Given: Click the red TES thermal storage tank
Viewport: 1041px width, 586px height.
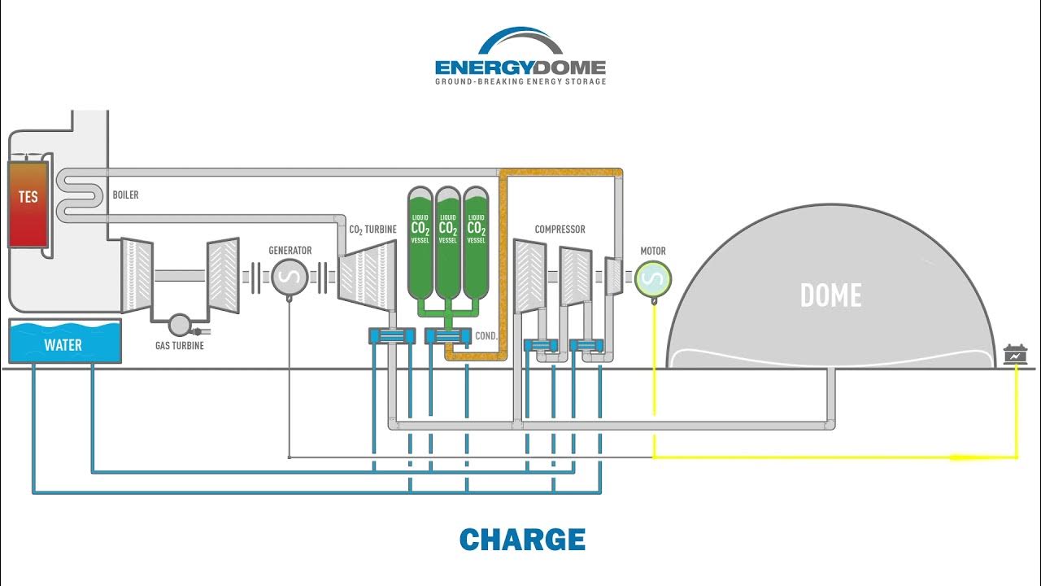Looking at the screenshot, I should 28,203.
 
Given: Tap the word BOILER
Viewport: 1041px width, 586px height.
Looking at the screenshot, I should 124,195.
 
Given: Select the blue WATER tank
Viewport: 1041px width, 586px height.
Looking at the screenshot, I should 64,343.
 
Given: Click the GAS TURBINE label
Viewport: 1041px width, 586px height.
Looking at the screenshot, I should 179,346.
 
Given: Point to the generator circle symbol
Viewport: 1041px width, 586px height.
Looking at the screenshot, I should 290,278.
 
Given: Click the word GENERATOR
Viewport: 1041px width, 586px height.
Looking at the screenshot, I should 290,251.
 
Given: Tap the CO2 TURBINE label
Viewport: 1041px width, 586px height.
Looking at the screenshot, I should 372,230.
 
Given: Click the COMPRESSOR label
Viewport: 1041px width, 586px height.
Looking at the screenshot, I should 560,230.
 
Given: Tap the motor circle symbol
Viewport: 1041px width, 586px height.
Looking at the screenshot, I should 652,279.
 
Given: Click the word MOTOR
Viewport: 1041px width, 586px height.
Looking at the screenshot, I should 652,251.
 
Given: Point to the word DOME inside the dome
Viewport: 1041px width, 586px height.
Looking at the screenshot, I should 830,295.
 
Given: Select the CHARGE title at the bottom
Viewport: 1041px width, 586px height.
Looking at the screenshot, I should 521,540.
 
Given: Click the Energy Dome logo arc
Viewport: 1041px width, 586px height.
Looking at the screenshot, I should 520,41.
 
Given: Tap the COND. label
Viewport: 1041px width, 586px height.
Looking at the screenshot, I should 486,335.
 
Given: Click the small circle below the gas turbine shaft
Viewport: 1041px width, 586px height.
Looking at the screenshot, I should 179,325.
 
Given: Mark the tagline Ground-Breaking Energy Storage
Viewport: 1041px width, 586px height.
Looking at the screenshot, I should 520,81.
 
